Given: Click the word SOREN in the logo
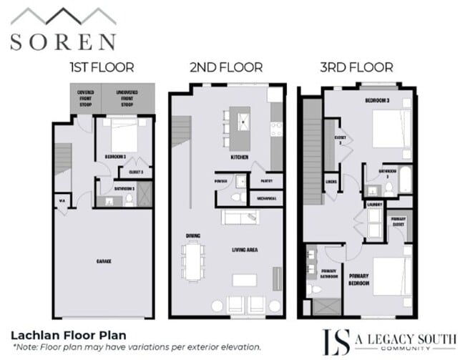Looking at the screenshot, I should (62, 40).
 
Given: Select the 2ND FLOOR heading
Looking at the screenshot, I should (225, 68).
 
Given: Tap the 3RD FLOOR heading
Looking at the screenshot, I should (356, 68).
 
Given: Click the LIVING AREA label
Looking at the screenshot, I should (244, 250).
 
